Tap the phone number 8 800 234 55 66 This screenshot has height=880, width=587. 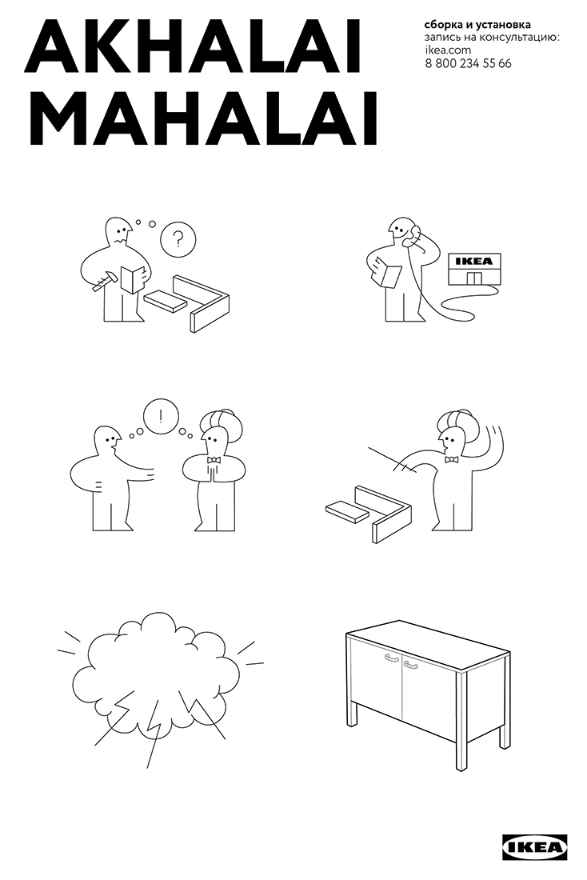pos(468,63)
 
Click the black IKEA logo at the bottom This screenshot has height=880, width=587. pos(535,847)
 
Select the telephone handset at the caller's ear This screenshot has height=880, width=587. pos(413,234)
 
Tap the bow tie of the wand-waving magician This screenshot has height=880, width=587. pos(452,459)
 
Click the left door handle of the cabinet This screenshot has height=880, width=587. pos(391,658)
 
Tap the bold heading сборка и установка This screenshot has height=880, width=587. pos(467,26)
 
